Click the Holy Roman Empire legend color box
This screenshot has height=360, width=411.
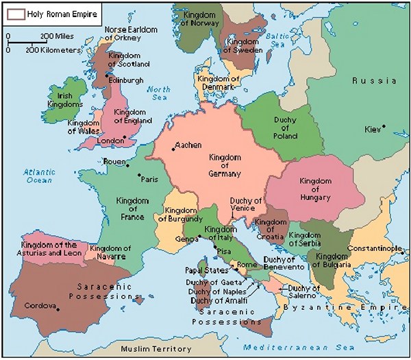[x=16, y=13]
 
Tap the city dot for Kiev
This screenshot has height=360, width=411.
[x=384, y=126]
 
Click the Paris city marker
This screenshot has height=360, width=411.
[x=138, y=175]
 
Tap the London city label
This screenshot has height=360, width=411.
[x=110, y=141]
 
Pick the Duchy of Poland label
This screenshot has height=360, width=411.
[x=285, y=128]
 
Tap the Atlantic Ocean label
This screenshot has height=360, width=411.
[x=38, y=176]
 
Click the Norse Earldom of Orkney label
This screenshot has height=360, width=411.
[x=130, y=34]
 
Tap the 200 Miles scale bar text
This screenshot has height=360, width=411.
[x=57, y=36]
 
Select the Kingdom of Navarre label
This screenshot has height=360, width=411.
[x=110, y=252]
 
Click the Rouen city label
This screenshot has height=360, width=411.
[x=114, y=163]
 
